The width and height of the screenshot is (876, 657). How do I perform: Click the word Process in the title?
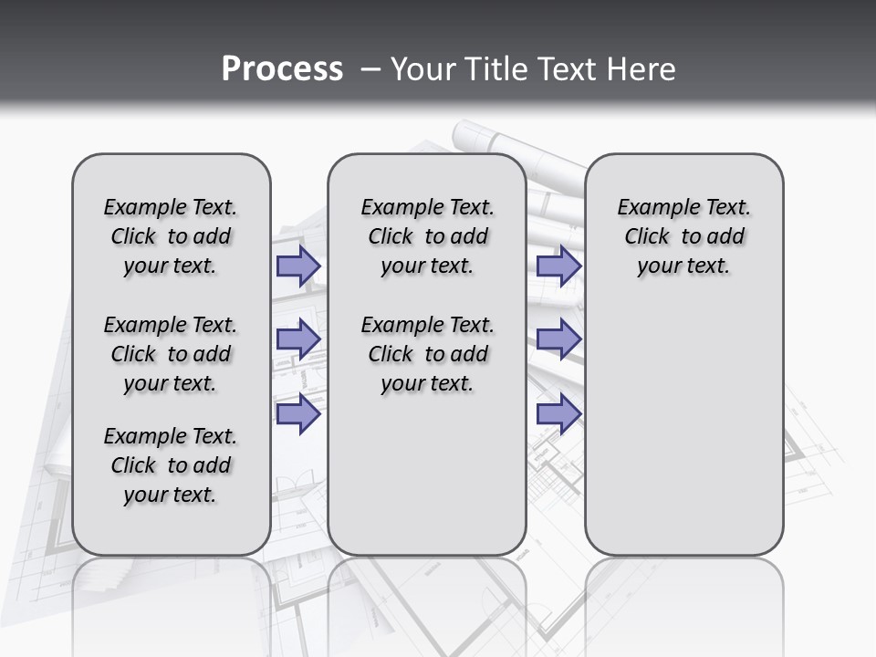tap(282, 69)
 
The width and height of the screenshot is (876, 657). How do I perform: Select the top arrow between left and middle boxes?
tap(298, 266)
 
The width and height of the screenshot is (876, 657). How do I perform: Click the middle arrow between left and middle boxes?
tap(298, 339)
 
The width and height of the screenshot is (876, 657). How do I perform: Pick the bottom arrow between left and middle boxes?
tap(298, 414)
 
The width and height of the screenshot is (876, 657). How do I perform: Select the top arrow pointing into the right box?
tap(558, 266)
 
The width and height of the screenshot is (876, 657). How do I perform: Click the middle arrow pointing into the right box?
tap(558, 339)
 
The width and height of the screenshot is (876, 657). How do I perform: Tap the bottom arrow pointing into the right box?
tap(558, 414)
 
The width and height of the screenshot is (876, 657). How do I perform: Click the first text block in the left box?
tap(171, 236)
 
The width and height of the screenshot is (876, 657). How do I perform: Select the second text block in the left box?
tap(171, 354)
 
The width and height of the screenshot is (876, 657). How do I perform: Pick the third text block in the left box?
tap(171, 465)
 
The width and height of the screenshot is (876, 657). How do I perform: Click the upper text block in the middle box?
tap(427, 236)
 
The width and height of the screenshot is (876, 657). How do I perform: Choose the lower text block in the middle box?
tap(427, 354)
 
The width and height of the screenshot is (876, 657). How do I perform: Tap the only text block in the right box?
tap(684, 236)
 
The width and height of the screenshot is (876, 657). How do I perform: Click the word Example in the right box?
tap(649, 208)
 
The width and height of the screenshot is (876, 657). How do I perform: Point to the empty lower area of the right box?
tap(684, 429)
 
